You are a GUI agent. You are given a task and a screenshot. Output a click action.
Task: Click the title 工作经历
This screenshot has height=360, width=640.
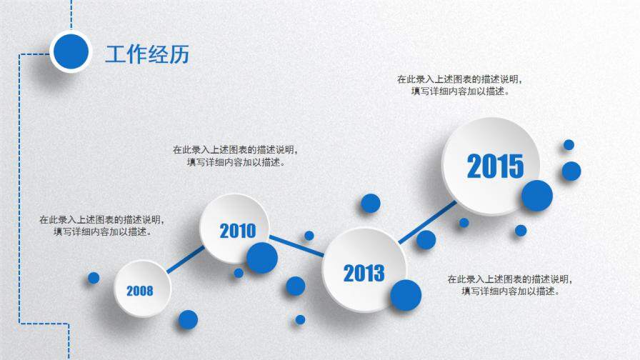pyautogui.click(x=147, y=54)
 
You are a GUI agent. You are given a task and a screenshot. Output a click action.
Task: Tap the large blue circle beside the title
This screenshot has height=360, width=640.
pyautogui.click(x=71, y=51)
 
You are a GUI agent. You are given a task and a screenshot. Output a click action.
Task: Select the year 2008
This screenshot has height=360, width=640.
pyautogui.click(x=139, y=291)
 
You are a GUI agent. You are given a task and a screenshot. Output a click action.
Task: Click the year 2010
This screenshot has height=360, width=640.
pyautogui.click(x=238, y=231)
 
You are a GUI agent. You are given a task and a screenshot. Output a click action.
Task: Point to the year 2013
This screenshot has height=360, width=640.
pyautogui.click(x=364, y=274)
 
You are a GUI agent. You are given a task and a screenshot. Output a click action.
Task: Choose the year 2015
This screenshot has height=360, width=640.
pyautogui.click(x=495, y=166)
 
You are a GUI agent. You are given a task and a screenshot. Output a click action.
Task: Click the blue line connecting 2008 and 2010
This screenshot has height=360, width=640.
pyautogui.click(x=185, y=259)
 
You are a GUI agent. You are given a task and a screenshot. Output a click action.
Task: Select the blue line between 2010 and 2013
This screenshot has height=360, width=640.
pyautogui.click(x=296, y=246)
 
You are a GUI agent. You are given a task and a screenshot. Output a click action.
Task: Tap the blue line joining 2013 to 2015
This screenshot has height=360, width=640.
pyautogui.click(x=427, y=222)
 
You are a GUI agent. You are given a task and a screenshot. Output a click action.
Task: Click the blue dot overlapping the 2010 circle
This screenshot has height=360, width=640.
pyautogui.click(x=262, y=258)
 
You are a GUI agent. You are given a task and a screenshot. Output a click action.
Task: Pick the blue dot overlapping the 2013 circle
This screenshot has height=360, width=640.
pyautogui.click(x=406, y=295)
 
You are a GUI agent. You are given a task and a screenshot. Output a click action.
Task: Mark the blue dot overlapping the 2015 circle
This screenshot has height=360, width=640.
pyautogui.click(x=537, y=196)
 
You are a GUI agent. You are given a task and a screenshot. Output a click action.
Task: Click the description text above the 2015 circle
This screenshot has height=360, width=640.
pyautogui.click(x=460, y=85)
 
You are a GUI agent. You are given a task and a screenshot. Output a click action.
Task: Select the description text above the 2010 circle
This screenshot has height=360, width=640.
pyautogui.click(x=236, y=156)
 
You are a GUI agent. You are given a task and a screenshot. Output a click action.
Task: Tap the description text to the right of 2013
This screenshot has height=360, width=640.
pyautogui.click(x=510, y=285)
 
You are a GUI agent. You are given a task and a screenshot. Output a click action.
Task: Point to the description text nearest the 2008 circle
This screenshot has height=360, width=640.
pyautogui.click(x=102, y=226)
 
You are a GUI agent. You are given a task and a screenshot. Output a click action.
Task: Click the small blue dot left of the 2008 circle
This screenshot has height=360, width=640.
pyautogui.click(x=94, y=278)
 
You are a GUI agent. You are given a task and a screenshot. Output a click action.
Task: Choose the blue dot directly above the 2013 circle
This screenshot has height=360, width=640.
pyautogui.click(x=371, y=204)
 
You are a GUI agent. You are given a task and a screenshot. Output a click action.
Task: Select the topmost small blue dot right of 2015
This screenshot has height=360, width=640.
pyautogui.click(x=569, y=145)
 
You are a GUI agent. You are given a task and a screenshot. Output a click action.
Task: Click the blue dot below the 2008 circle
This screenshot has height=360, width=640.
pyautogui.click(x=188, y=319)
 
